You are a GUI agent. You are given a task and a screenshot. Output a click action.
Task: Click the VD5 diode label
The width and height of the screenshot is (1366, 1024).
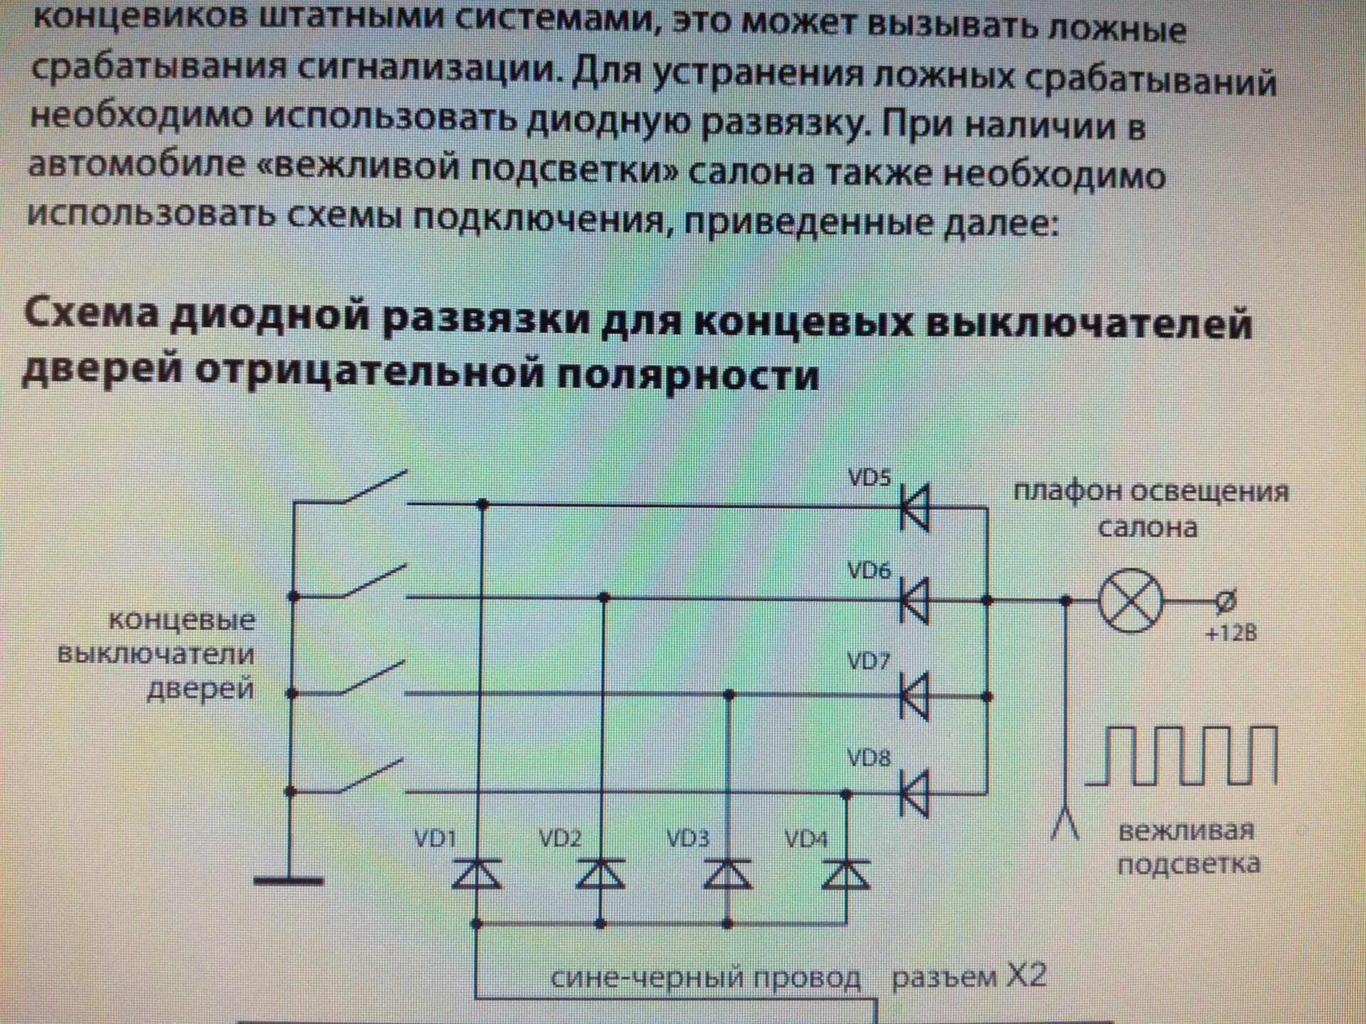869,477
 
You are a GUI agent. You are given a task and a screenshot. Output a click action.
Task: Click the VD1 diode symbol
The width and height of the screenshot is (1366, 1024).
477,874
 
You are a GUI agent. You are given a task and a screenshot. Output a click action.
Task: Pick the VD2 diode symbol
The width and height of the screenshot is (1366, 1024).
601,874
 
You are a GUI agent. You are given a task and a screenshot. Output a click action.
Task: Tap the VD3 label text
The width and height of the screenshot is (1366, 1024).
688,838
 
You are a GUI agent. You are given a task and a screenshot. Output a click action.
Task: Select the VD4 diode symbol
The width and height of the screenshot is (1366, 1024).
846,874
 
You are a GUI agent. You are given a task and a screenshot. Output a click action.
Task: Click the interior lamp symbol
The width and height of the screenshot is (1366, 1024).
1131,601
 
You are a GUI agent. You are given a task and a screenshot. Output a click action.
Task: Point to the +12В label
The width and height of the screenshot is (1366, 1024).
1232,632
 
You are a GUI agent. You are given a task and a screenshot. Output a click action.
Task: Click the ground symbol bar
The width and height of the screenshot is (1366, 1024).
289,881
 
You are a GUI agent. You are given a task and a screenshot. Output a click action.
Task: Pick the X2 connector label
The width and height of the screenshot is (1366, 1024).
969,977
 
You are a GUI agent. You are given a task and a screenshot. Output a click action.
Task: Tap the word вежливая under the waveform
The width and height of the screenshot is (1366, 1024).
1186,831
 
